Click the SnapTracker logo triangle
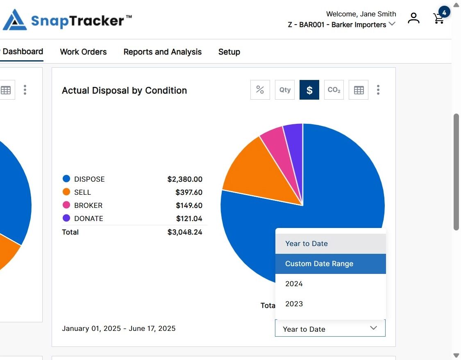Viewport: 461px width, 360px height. (15, 20)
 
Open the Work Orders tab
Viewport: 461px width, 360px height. (83, 52)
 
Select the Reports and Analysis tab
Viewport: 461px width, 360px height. (162, 52)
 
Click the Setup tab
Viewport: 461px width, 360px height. (229, 52)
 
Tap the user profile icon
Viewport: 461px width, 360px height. (413, 18)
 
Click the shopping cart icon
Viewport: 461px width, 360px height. (438, 18)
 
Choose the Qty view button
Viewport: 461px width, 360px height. (285, 90)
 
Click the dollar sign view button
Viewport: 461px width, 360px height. (309, 90)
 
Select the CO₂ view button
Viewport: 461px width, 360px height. (334, 90)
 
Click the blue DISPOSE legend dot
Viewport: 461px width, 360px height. (66, 178)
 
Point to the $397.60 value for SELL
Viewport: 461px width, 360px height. (189, 192)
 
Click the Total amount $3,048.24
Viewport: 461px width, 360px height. (185, 232)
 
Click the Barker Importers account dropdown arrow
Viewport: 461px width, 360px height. (392, 24)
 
